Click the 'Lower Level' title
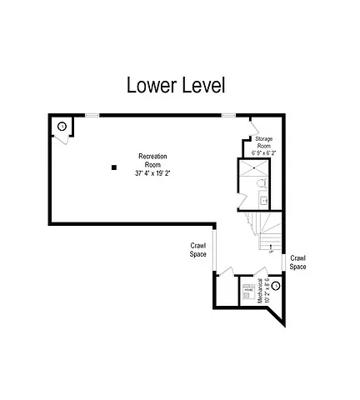(x=175, y=85)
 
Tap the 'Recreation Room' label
(x=152, y=161)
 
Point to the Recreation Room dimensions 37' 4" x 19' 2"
(x=152, y=173)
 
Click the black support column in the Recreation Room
(x=114, y=168)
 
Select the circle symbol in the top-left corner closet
(x=61, y=126)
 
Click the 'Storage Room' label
(x=263, y=142)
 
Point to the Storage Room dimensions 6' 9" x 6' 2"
(x=263, y=153)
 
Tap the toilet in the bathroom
(x=260, y=182)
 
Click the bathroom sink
(x=263, y=200)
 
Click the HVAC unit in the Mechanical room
(x=247, y=292)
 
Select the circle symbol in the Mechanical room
(x=276, y=286)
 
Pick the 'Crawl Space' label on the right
(x=297, y=262)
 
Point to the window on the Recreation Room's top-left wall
(x=92, y=115)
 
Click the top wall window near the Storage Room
(x=227, y=115)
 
